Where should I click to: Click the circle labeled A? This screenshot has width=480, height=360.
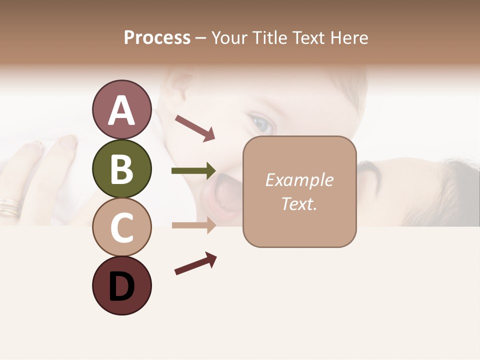click(121, 110)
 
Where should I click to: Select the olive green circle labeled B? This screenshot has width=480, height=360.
click(121, 169)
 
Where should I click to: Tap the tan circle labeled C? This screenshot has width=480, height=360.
click(121, 227)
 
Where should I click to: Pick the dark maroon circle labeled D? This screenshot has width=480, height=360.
click(121, 286)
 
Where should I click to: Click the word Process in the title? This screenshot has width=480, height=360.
click(157, 37)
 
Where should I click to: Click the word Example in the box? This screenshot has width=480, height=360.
click(299, 180)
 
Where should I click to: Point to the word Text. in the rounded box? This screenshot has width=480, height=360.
click(299, 203)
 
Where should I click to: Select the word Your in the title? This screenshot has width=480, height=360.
click(228, 37)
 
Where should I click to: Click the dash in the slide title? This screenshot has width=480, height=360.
click(201, 38)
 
